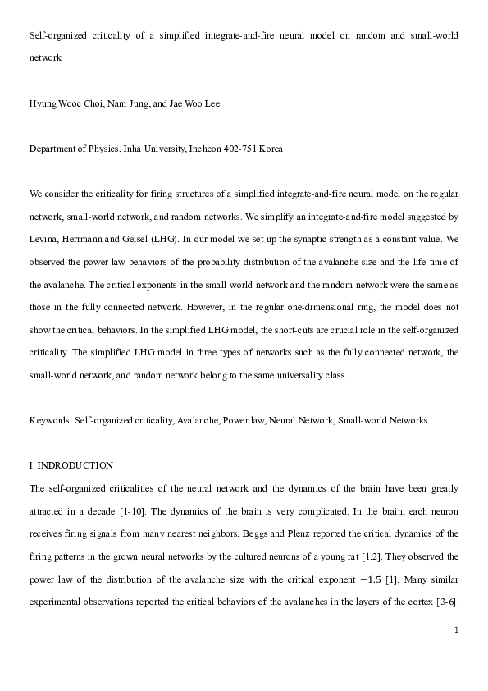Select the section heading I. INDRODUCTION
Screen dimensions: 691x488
click(71, 465)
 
